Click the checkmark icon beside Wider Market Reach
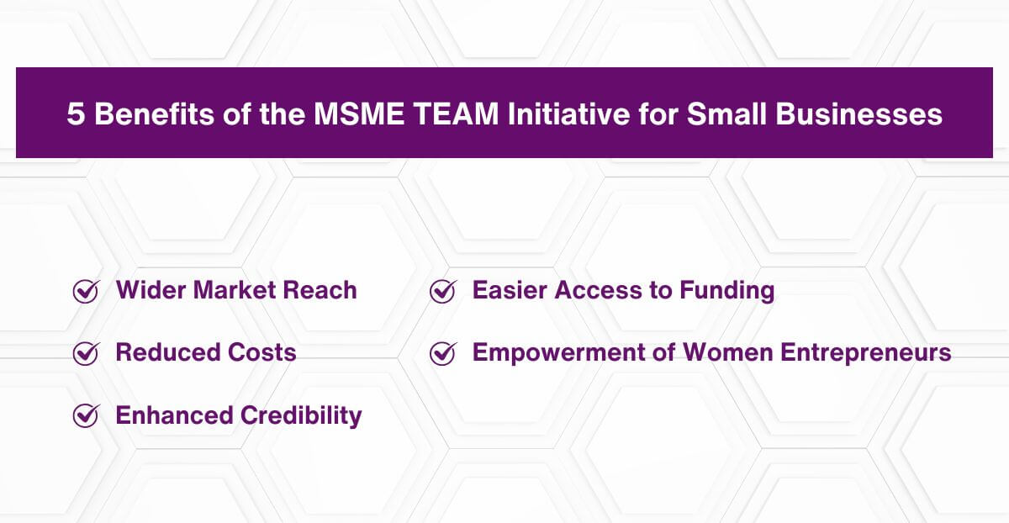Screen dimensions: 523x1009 86,291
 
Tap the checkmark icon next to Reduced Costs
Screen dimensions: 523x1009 86,353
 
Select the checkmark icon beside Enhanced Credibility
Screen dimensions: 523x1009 86,415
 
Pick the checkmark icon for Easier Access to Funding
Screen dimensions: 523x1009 442,291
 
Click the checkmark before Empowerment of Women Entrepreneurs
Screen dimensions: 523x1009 442,353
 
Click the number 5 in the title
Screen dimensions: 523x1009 76,114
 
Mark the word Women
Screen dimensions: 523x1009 710,353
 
